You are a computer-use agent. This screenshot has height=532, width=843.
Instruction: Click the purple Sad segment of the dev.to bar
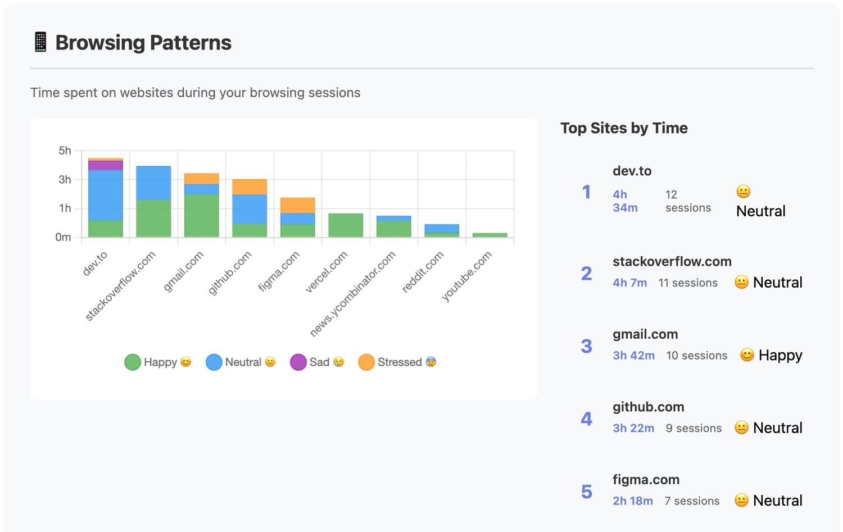pos(106,165)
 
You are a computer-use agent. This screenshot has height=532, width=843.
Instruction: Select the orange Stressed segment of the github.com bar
pos(250,187)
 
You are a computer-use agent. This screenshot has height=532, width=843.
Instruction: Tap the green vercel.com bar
pos(346,225)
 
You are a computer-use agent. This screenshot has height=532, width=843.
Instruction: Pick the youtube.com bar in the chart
pos(490,235)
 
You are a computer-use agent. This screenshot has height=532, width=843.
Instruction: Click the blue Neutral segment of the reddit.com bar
pos(442,229)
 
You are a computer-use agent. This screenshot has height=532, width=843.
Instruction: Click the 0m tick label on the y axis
pos(63,237)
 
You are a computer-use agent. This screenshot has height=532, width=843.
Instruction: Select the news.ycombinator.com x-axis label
pos(352,293)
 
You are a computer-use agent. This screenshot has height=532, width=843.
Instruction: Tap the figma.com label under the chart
pos(279,271)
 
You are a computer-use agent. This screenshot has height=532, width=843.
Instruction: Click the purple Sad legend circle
pos(298,362)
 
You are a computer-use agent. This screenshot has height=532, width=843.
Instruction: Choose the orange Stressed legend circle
pos(366,362)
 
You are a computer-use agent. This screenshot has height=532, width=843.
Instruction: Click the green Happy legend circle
pos(133,362)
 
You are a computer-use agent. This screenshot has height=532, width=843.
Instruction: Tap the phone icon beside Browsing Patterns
pos(40,42)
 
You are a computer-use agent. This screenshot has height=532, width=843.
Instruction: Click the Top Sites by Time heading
pos(624,128)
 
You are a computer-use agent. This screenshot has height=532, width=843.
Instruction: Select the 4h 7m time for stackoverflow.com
pos(629,282)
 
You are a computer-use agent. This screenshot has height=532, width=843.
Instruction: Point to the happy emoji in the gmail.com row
pos(747,355)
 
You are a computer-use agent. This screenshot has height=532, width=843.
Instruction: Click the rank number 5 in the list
pos(586,492)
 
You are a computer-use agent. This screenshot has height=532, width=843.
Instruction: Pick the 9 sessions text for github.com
pos(694,428)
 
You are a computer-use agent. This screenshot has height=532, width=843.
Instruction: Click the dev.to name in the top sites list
pos(632,171)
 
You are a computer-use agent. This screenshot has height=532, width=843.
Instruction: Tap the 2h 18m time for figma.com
pos(633,501)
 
